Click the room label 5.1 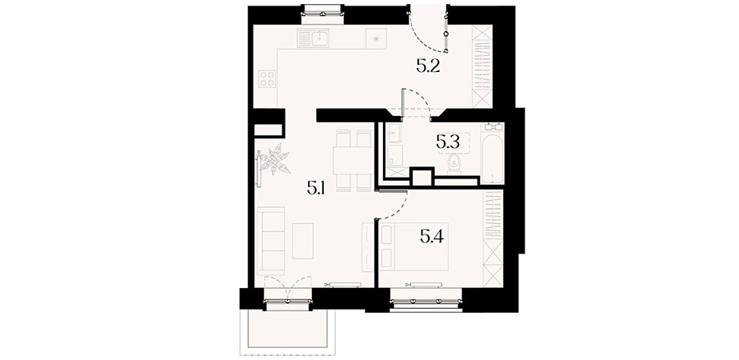coord(314,189)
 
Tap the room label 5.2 coord(428,66)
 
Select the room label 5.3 coord(447,142)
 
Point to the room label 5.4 coord(432,237)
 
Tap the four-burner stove coord(267,78)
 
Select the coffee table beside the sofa coord(302,241)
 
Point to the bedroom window coord(426,302)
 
